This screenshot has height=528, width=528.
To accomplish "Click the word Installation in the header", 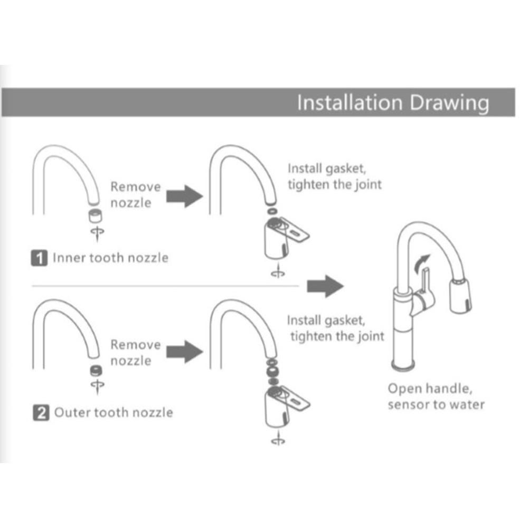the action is (350, 102).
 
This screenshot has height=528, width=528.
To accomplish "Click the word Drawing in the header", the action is (449, 103).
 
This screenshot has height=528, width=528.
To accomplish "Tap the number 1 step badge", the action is (39, 258).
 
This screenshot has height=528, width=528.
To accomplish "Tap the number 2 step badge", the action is (41, 413).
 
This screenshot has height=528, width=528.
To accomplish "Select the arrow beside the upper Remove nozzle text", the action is (185, 196).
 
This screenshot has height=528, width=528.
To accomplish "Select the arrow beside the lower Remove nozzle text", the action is (185, 352).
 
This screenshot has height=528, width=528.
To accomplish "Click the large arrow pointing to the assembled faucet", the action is (325, 286).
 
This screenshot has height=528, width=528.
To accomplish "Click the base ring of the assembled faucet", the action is (403, 365).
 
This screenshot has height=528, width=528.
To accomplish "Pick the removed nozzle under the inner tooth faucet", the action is (95, 215).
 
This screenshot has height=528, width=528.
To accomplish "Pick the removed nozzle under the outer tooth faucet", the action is (97, 370).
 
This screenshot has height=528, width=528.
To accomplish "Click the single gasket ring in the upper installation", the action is (272, 212).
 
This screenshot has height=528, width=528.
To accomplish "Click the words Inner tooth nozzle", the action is (111, 258).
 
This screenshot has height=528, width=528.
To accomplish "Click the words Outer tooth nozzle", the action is (114, 412).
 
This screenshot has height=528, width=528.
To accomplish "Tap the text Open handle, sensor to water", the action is (436, 397).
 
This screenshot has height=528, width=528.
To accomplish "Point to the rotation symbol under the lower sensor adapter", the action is (278, 439).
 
